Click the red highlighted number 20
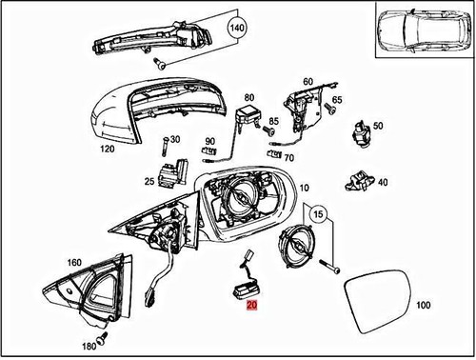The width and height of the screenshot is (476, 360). (x=251, y=307)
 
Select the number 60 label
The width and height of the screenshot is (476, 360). (x=309, y=82)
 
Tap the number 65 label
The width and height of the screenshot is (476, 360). (x=337, y=100)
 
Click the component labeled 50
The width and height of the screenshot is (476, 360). (x=362, y=131)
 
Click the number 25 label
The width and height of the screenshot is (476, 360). (x=149, y=181)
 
